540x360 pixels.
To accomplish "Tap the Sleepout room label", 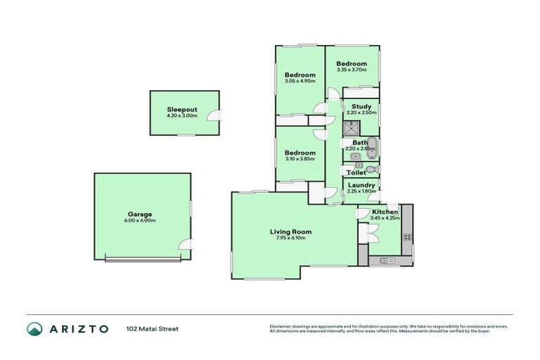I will click(x=181, y=109).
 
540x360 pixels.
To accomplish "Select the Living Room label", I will click(x=290, y=231).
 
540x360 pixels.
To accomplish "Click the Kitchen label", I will click(x=385, y=212).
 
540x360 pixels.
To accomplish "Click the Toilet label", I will click(x=356, y=172).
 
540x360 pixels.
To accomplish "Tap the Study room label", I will click(x=361, y=107).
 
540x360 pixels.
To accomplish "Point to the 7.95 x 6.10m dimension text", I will click(x=290, y=238).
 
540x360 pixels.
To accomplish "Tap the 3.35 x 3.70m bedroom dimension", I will click(x=352, y=70).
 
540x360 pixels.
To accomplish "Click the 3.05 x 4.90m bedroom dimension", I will click(x=300, y=81).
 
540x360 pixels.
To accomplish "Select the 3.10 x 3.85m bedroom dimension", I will click(x=300, y=159).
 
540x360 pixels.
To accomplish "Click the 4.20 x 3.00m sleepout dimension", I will click(x=181, y=115).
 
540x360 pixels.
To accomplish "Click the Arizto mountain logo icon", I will click(x=34, y=328).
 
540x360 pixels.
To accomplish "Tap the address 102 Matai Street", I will click(x=153, y=328).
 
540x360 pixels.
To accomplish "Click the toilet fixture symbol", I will click(x=373, y=169).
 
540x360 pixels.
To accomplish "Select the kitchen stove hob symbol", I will click(x=406, y=238).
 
